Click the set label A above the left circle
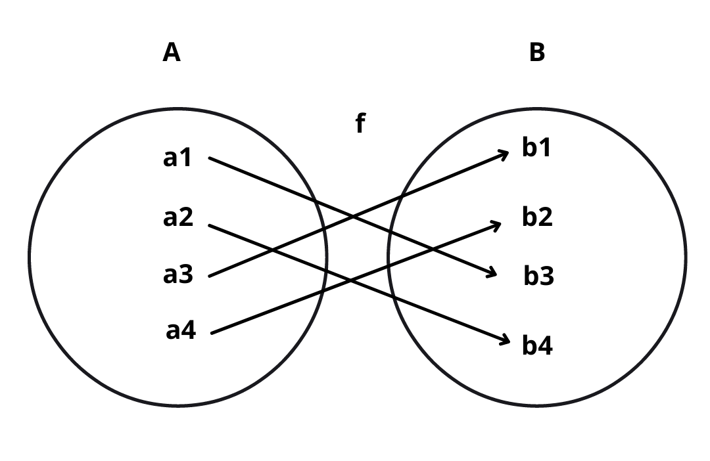172,53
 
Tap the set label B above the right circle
537,53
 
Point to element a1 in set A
177,158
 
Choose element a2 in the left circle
178,217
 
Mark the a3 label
178,274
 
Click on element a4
181,331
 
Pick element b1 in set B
536,148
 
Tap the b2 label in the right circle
537,217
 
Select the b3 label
539,276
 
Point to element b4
537,345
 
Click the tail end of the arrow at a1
210,158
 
